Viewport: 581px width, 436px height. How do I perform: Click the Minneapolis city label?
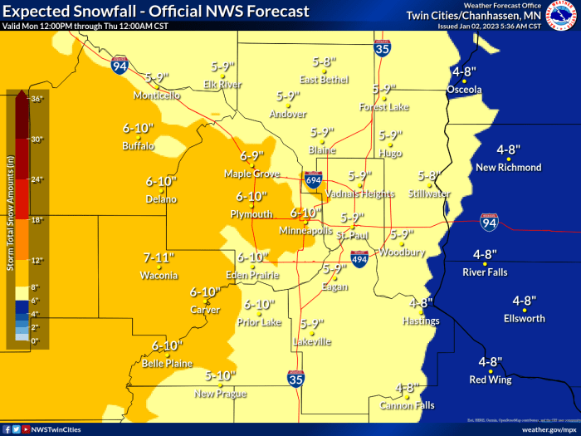point(305,230)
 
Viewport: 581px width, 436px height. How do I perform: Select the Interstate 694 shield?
point(313,178)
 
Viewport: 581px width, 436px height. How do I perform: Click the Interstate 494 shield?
point(359,258)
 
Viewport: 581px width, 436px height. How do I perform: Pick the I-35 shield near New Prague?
point(295,379)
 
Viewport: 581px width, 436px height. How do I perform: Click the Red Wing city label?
point(490,380)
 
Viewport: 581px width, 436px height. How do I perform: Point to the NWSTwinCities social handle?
point(57,429)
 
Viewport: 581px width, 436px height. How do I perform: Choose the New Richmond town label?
point(509,167)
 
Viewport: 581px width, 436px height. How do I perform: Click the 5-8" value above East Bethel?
point(326,61)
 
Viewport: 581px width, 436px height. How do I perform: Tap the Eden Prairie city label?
point(253,275)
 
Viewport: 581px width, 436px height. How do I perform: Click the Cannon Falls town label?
point(403,405)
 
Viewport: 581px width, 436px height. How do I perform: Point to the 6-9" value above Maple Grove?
point(251,155)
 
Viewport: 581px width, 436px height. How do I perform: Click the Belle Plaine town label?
point(167,363)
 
